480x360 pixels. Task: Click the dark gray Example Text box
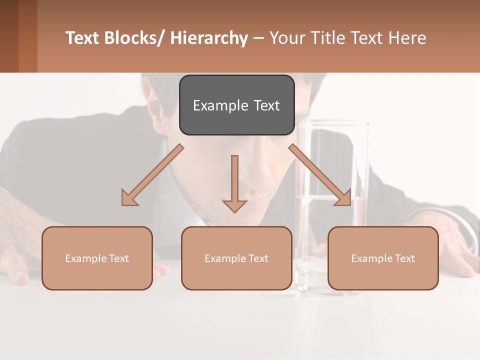tap(236, 105)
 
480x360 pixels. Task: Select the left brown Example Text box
tap(97, 258)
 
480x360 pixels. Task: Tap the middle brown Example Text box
tap(236, 258)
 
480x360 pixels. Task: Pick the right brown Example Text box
tap(383, 258)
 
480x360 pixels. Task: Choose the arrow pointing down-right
tap(320, 175)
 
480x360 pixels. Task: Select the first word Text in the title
tap(83, 38)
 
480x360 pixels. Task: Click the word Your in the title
tap(287, 38)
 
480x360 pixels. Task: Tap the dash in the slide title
tap(258, 38)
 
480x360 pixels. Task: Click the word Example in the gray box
tap(220, 105)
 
